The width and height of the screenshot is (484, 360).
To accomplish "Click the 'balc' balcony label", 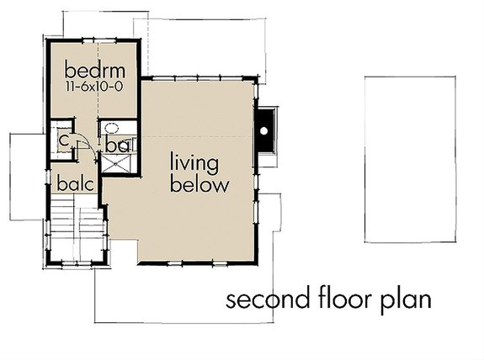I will point(74,183).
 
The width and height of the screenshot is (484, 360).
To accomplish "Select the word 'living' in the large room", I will point(195,161).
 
